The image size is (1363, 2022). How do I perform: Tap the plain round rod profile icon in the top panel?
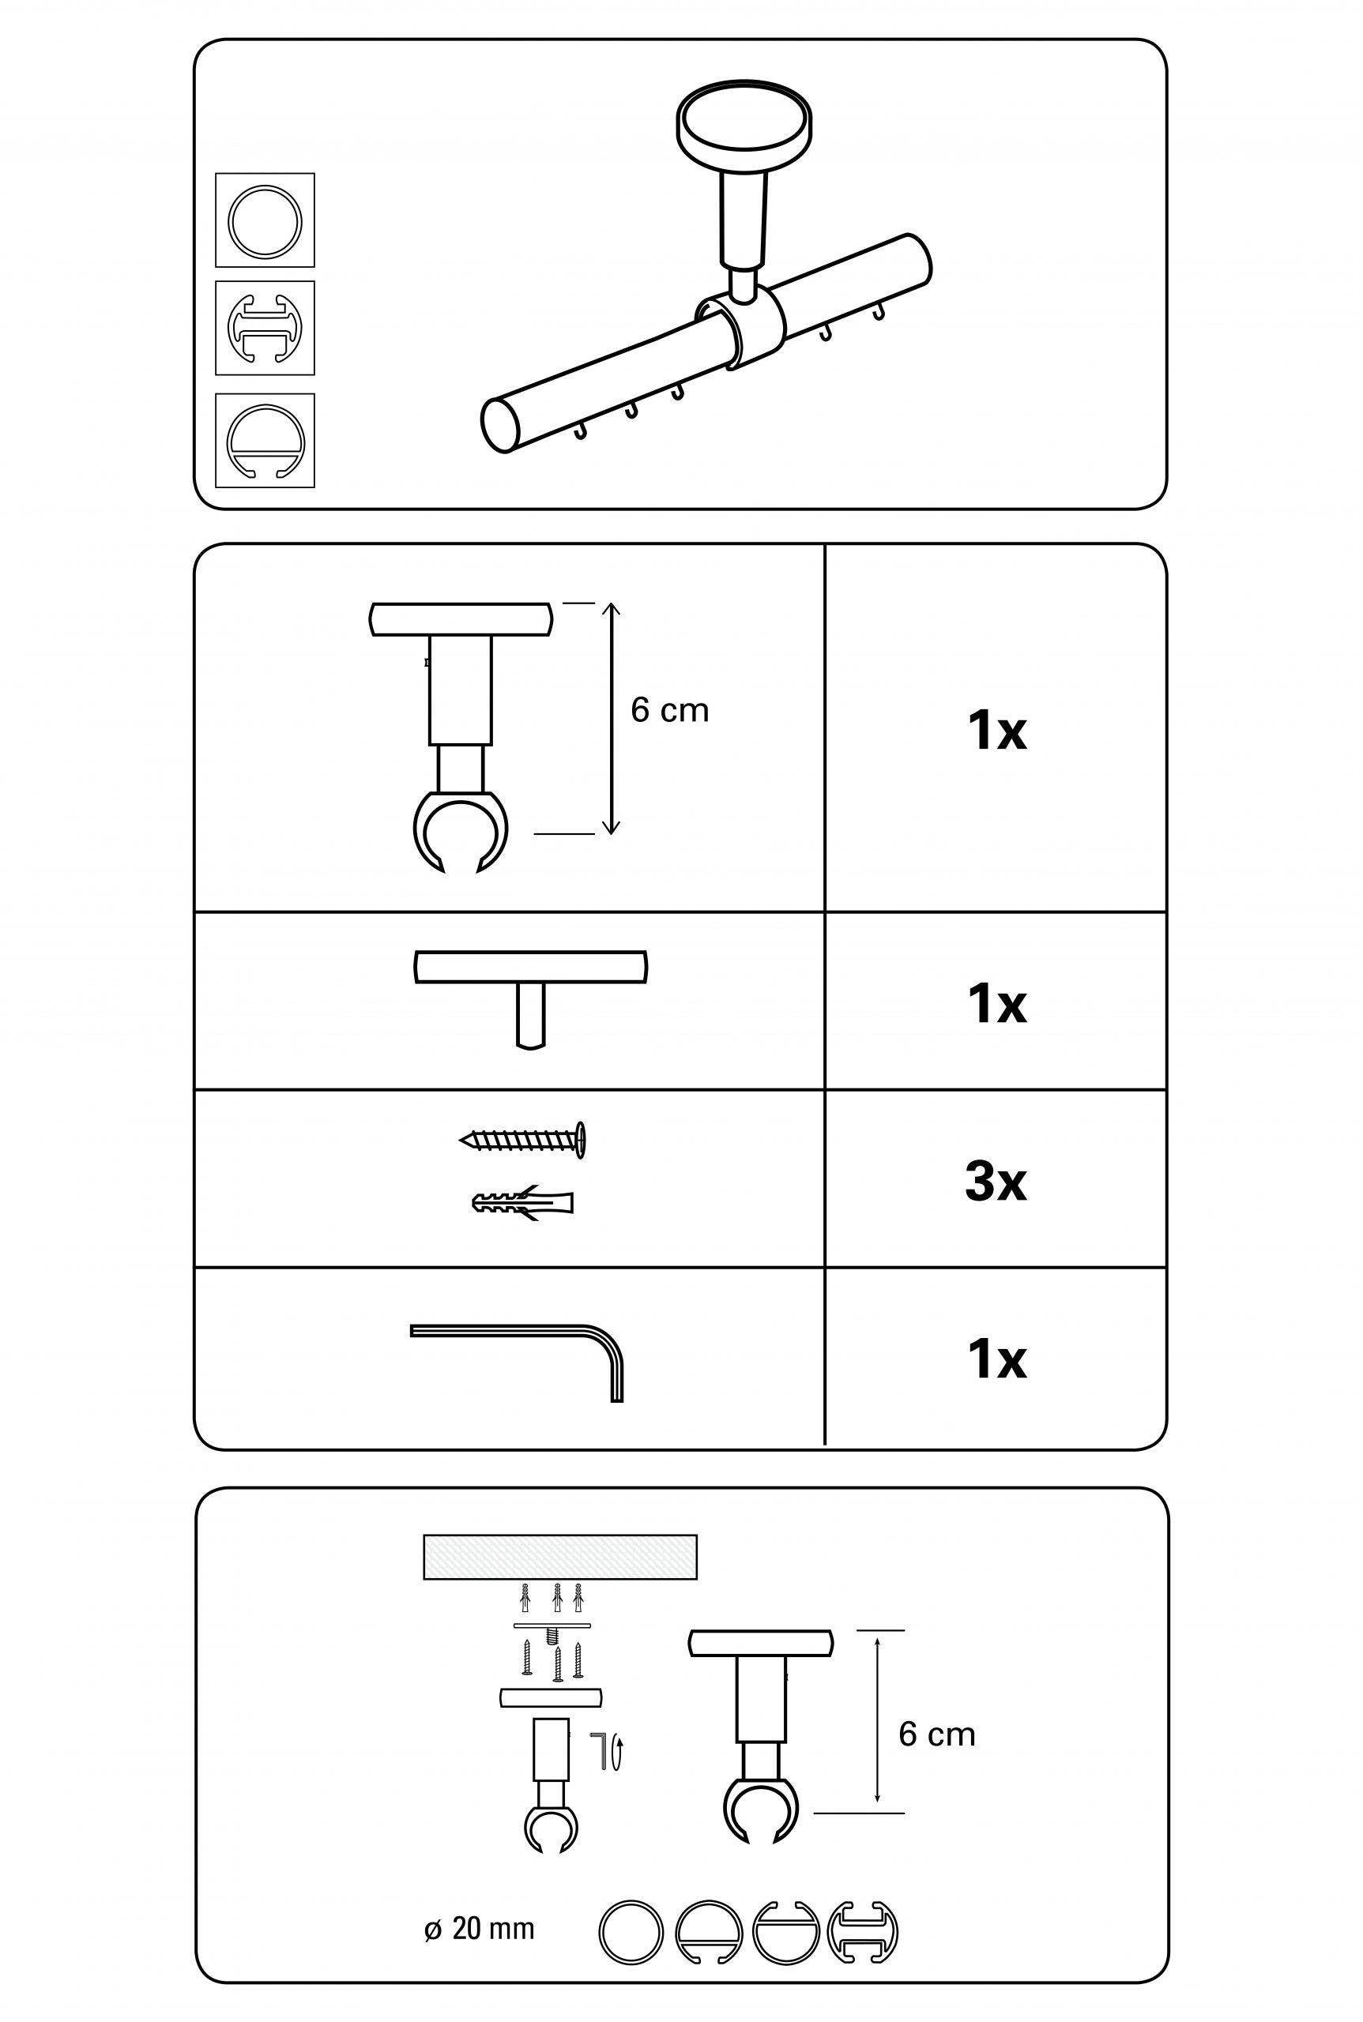(265, 220)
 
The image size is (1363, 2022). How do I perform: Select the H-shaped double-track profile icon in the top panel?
(265, 328)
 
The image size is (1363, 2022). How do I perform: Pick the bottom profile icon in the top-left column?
(265, 441)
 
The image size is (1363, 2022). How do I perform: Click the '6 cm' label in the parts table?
(669, 711)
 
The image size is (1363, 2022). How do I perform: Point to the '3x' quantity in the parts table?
(996, 1182)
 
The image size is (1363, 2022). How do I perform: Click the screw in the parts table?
(523, 1139)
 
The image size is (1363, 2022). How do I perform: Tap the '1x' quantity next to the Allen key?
(996, 1359)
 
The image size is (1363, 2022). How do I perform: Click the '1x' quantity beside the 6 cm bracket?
(996, 730)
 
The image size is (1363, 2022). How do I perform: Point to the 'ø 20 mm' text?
(479, 1929)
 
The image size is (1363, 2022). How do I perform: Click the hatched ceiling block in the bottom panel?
(559, 1557)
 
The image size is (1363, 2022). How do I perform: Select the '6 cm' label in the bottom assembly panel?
(936, 1734)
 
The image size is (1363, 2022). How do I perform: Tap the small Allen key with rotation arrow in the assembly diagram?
(607, 1750)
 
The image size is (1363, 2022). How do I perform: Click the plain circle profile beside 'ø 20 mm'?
(631, 1932)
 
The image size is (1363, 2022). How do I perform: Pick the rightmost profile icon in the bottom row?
(862, 1932)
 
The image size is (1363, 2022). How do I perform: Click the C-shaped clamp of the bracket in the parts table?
(460, 830)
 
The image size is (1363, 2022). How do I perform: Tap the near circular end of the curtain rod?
(500, 424)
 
